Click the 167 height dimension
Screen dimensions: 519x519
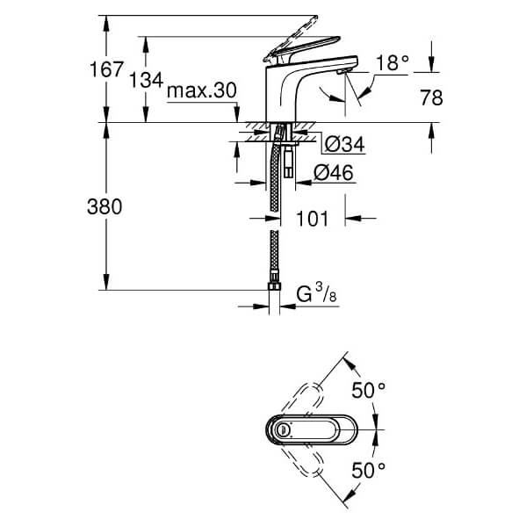(106, 69)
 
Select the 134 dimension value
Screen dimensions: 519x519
(146, 81)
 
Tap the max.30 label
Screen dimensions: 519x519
(202, 90)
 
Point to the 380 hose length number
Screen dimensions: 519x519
(105, 207)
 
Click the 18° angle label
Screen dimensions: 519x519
(393, 62)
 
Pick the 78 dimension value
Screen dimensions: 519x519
(431, 97)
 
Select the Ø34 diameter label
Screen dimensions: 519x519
(344, 144)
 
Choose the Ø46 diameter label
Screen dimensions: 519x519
(334, 172)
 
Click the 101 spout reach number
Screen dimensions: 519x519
(312, 219)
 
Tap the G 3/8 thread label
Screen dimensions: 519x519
(316, 293)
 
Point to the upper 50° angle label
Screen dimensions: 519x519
(369, 390)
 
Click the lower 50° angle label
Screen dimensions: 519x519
(369, 471)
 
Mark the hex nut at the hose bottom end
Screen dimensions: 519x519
(274, 286)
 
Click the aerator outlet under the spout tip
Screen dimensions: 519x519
(342, 71)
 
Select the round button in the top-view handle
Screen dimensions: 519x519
(283, 430)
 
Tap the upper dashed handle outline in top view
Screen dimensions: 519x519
(302, 400)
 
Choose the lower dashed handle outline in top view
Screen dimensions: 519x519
(302, 461)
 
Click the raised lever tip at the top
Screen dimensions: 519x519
(315, 18)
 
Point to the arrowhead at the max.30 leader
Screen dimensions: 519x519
(236, 117)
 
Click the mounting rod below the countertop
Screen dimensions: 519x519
(289, 160)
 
